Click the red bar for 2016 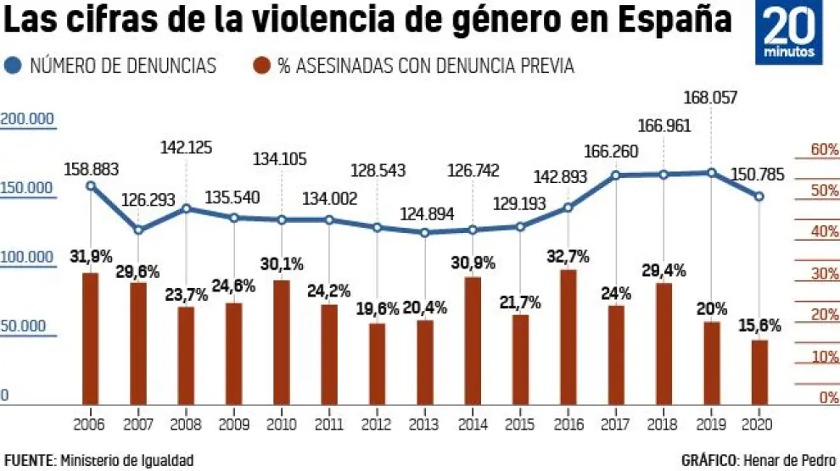coord(568,337)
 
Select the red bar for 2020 coord(759,372)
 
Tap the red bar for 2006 coord(90,339)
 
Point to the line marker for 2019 coord(712,173)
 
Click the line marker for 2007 coord(138,230)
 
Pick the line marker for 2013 coord(425,232)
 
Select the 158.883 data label coord(91,169)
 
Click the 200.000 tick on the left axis coord(26,119)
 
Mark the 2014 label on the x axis coord(473,423)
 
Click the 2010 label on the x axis coord(282,423)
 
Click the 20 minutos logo coord(789,34)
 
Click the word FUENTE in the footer coord(28,460)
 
